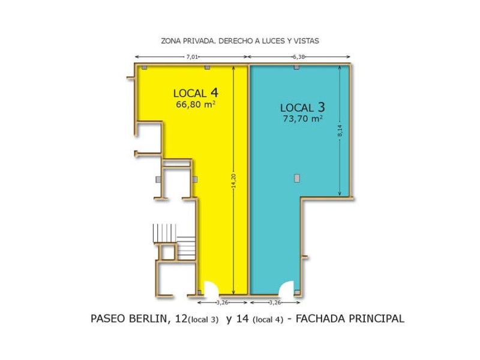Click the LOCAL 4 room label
pyautogui.click(x=195, y=93)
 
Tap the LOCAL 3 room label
pyautogui.click(x=302, y=107)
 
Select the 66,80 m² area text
pyautogui.click(x=196, y=104)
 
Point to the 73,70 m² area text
pyautogui.click(x=302, y=119)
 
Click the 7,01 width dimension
pyautogui.click(x=192, y=57)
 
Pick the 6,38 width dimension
pyautogui.click(x=299, y=57)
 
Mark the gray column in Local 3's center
pyautogui.click(x=296, y=178)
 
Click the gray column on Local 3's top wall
pyautogui.click(x=296, y=67)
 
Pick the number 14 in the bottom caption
pyautogui.click(x=243, y=319)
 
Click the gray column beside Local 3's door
pyautogui.click(x=296, y=292)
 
